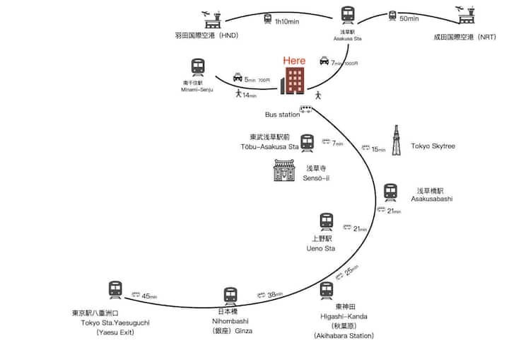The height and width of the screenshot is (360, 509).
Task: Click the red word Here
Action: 294,61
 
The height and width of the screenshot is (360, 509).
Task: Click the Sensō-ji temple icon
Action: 284,170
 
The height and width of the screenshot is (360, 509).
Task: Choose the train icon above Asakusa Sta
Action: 348,15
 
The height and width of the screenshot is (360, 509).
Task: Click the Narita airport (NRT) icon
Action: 468,16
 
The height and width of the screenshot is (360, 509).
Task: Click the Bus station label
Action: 282,115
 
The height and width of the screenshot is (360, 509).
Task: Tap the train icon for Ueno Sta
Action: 326,222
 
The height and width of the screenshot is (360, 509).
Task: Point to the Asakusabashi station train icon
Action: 391,192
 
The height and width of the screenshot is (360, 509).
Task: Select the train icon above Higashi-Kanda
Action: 326,290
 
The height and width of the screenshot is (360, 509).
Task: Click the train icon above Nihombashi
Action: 230,296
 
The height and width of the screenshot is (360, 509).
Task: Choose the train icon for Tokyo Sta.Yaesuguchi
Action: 116,289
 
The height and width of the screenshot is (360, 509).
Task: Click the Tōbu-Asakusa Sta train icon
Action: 307,144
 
